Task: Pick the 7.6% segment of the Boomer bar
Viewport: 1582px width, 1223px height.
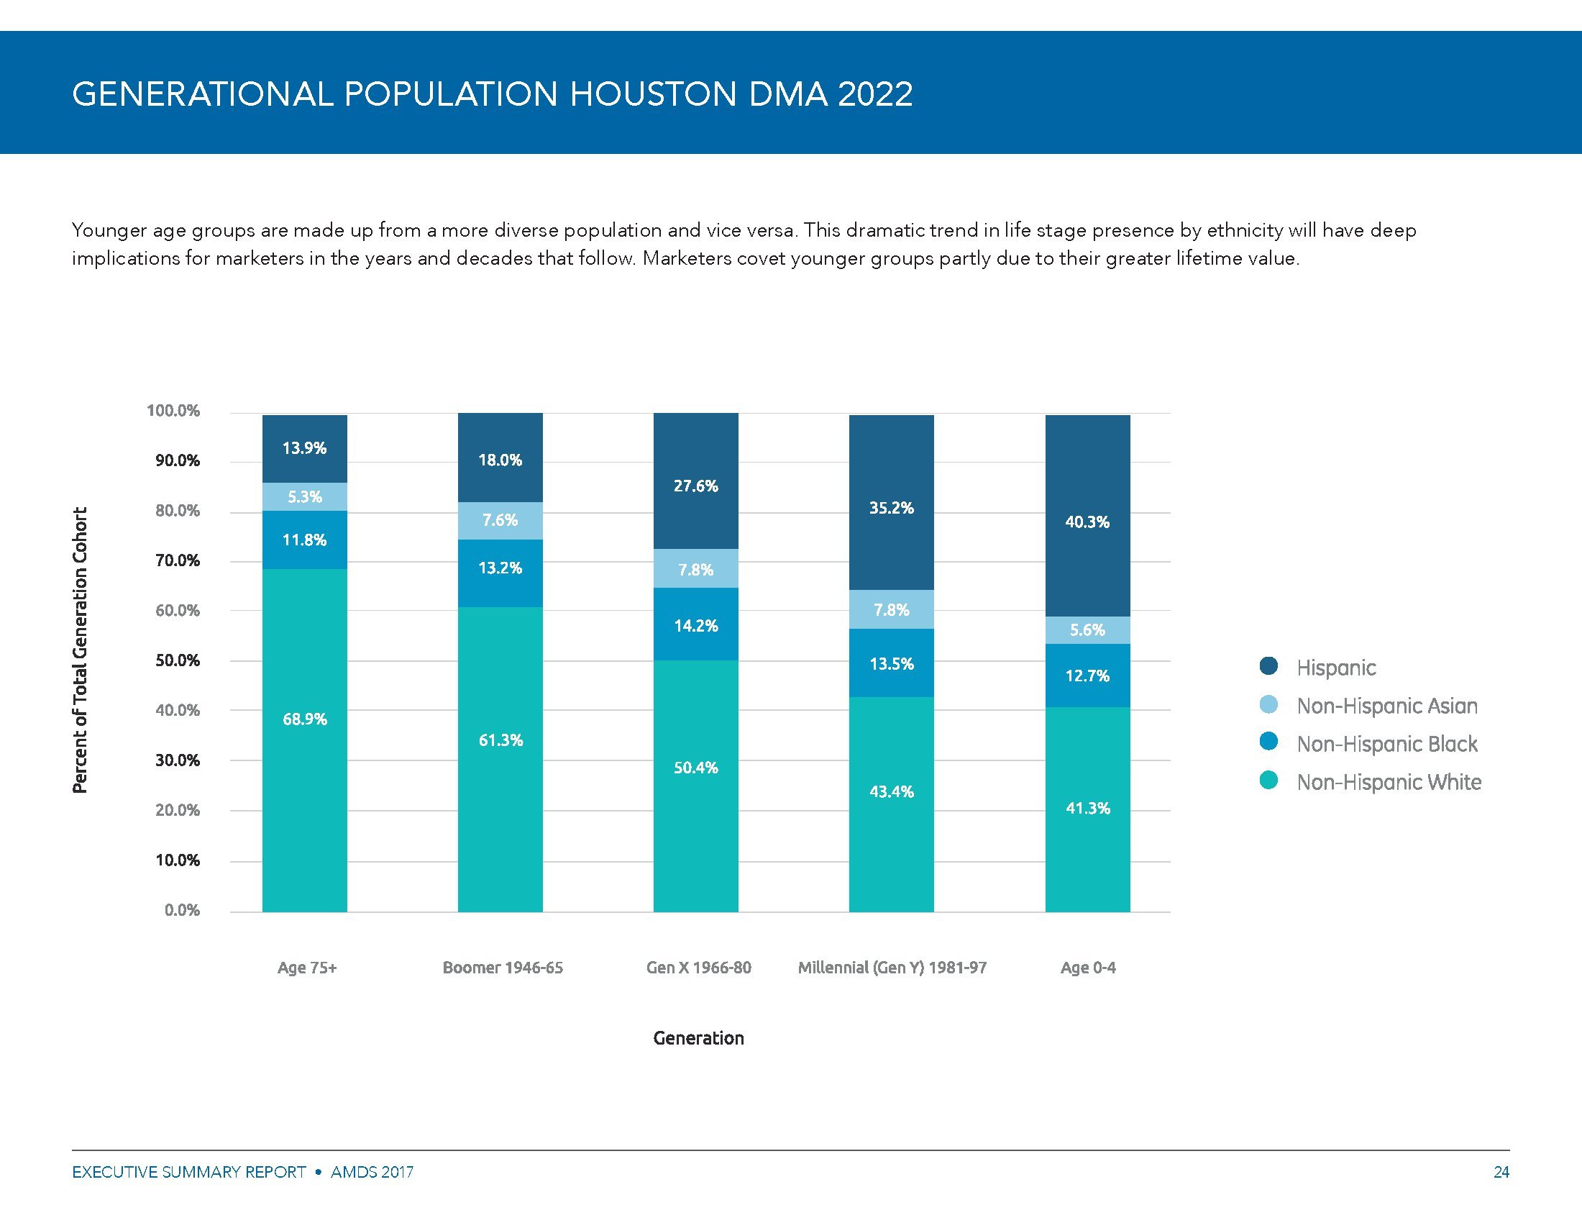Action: pos(500,520)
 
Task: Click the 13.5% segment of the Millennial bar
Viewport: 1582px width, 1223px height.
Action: pos(891,664)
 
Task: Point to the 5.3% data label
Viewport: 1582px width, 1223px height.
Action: pos(304,497)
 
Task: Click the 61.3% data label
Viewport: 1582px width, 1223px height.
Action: pos(500,740)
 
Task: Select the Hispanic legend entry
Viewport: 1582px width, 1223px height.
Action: pos(1335,668)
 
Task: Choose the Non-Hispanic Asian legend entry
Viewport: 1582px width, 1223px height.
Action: pos(1386,706)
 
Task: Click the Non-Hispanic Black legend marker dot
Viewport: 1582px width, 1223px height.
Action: pos(1269,742)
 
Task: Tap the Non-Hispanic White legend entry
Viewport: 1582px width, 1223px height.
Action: pos(1388,783)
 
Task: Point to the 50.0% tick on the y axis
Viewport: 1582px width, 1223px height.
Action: pos(178,660)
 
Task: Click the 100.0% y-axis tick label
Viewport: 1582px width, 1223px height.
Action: pos(173,411)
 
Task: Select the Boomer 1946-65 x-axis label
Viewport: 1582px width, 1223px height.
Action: pos(503,968)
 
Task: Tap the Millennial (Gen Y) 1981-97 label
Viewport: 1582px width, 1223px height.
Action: pos(892,968)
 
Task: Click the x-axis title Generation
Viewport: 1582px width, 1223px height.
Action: pos(698,1038)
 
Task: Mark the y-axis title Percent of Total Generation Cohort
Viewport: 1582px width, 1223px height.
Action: pos(80,650)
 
